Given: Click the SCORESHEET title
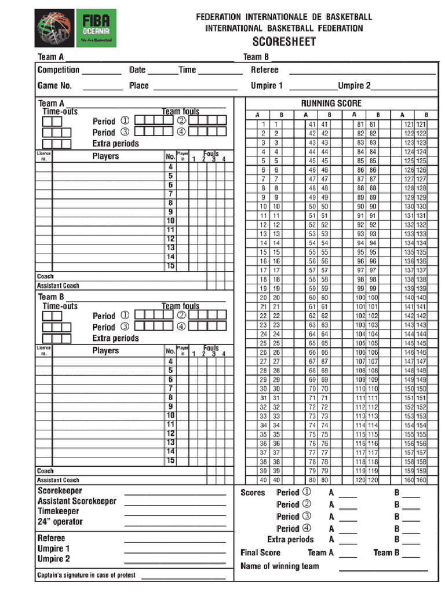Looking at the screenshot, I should pyautogui.click(x=284, y=42).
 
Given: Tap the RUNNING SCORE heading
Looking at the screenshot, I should pyautogui.click(x=331, y=103).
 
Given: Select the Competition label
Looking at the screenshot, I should pyautogui.click(x=58, y=70).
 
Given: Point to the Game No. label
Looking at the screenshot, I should pyautogui.click(x=54, y=86).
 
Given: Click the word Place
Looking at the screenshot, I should pyautogui.click(x=139, y=86).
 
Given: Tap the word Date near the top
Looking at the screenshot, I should pyautogui.click(x=137, y=70).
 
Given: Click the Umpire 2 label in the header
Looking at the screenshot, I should pyautogui.click(x=355, y=86).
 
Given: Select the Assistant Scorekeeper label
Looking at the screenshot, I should pyautogui.click(x=76, y=501).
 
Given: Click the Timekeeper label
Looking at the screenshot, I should pyautogui.click(x=59, y=511).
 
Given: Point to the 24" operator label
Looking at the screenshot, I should pyautogui.click(x=60, y=522).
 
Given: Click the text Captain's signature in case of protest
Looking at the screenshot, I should pyautogui.click(x=86, y=575).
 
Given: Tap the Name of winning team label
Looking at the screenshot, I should pyautogui.click(x=279, y=566).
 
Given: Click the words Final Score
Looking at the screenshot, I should pyautogui.click(x=260, y=552).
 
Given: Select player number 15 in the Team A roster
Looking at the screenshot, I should pyautogui.click(x=171, y=266).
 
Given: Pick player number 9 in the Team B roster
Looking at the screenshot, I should pyautogui.click(x=171, y=407).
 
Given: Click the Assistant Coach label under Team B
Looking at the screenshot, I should pyautogui.click(x=58, y=480).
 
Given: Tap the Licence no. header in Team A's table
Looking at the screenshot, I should pyautogui.click(x=44, y=156).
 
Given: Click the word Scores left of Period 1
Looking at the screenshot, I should pyautogui.click(x=253, y=493).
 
